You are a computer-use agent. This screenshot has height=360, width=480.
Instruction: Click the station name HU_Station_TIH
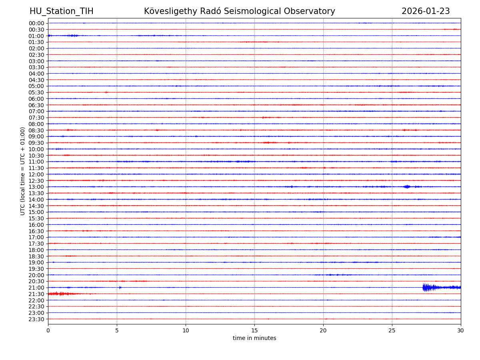click(x=61, y=11)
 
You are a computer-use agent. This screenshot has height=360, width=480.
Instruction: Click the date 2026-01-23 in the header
click(x=425, y=11)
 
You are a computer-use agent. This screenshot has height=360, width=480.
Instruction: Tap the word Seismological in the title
click(x=252, y=11)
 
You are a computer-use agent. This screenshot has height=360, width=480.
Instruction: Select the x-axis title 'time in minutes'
click(x=254, y=338)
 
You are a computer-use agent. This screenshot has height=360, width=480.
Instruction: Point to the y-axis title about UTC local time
click(x=23, y=171)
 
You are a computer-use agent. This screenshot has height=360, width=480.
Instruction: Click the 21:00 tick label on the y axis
click(x=36, y=288)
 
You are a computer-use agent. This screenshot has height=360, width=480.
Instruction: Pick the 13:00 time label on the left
click(x=36, y=187)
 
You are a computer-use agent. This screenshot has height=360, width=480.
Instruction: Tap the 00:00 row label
click(x=36, y=23)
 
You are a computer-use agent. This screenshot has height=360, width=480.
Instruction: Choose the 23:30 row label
click(x=36, y=319)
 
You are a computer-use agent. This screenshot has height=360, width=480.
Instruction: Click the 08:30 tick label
click(x=36, y=130)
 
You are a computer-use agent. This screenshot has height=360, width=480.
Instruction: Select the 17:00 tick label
click(x=36, y=237)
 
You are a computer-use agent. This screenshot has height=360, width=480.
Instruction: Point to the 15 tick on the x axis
click(x=254, y=330)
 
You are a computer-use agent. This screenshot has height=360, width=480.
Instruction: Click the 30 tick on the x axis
click(x=461, y=330)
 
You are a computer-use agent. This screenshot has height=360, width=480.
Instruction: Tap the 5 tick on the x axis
click(x=117, y=330)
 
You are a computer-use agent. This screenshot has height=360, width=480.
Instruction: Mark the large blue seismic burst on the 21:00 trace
click(x=428, y=287)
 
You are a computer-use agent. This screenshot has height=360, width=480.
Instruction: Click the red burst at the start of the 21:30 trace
click(x=58, y=294)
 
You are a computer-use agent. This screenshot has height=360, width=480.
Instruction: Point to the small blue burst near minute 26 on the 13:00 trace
click(x=407, y=187)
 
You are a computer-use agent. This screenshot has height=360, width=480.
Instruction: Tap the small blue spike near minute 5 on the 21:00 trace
click(x=120, y=287)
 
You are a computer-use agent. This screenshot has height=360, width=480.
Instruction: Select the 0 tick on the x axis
click(x=48, y=330)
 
